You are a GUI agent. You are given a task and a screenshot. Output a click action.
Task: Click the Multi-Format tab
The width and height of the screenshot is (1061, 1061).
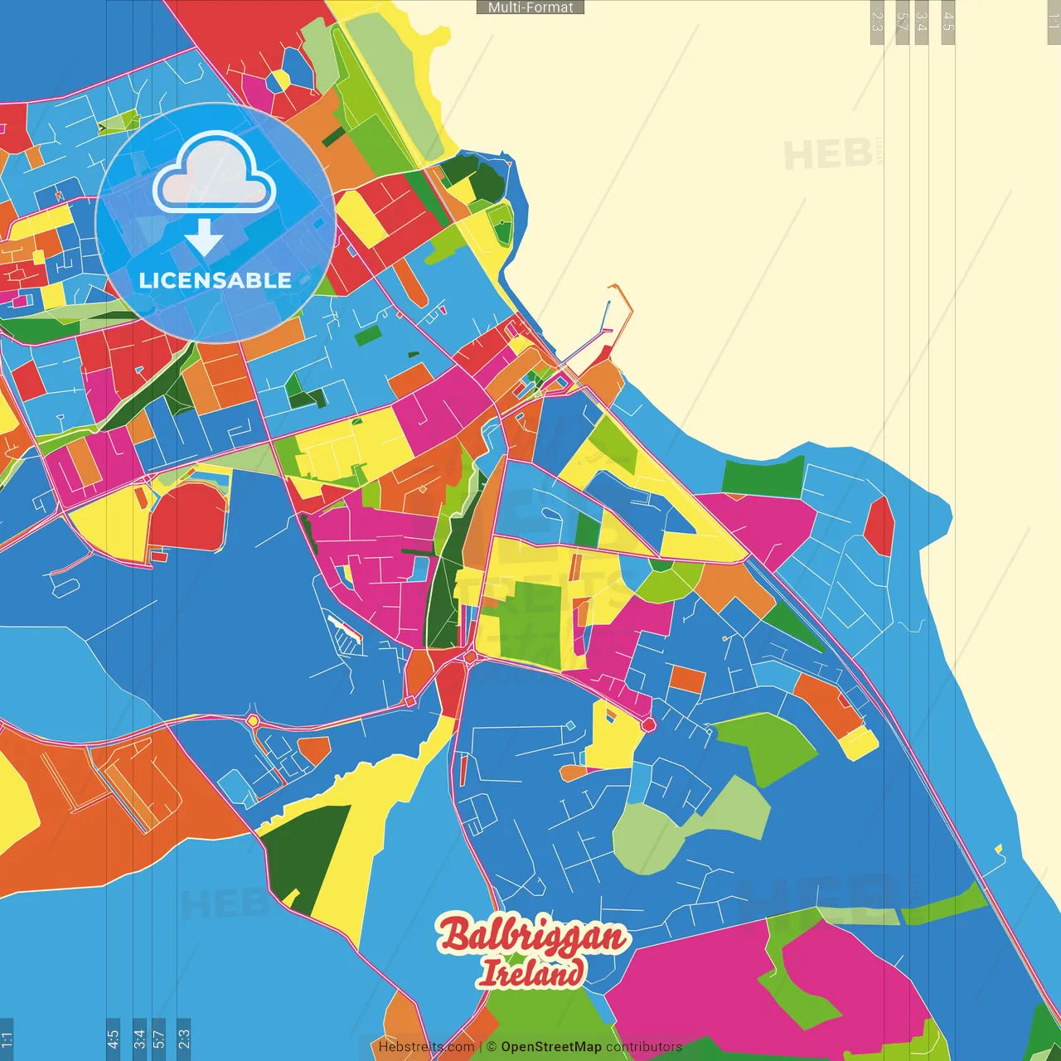coord(530,7)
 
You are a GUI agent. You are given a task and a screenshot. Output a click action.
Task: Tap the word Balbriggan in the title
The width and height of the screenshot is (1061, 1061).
coord(532,937)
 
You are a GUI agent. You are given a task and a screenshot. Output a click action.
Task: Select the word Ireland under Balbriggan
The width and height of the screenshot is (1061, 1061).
coord(530,973)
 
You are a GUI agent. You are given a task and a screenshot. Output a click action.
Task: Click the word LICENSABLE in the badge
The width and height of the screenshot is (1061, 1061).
coord(216,280)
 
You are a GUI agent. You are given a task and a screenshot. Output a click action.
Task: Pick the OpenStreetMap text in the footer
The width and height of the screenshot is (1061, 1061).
coord(550,1047)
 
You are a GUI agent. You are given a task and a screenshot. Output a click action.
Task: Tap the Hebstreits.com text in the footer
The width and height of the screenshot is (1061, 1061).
coord(426,1047)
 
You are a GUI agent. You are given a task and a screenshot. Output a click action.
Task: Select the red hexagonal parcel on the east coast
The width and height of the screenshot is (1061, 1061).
coord(879,526)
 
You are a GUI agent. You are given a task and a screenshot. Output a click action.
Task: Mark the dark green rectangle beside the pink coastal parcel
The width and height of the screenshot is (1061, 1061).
coord(763,477)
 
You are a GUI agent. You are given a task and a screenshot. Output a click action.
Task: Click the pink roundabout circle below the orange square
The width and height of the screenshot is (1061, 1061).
coord(648,725)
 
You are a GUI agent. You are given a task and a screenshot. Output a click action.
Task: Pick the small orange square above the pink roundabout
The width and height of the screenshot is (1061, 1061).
coord(686,679)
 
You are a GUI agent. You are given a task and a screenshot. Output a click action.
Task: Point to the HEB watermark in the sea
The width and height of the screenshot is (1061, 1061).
coord(827,155)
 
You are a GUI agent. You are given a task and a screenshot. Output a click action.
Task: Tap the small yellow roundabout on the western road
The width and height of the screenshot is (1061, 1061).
coord(252,721)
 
